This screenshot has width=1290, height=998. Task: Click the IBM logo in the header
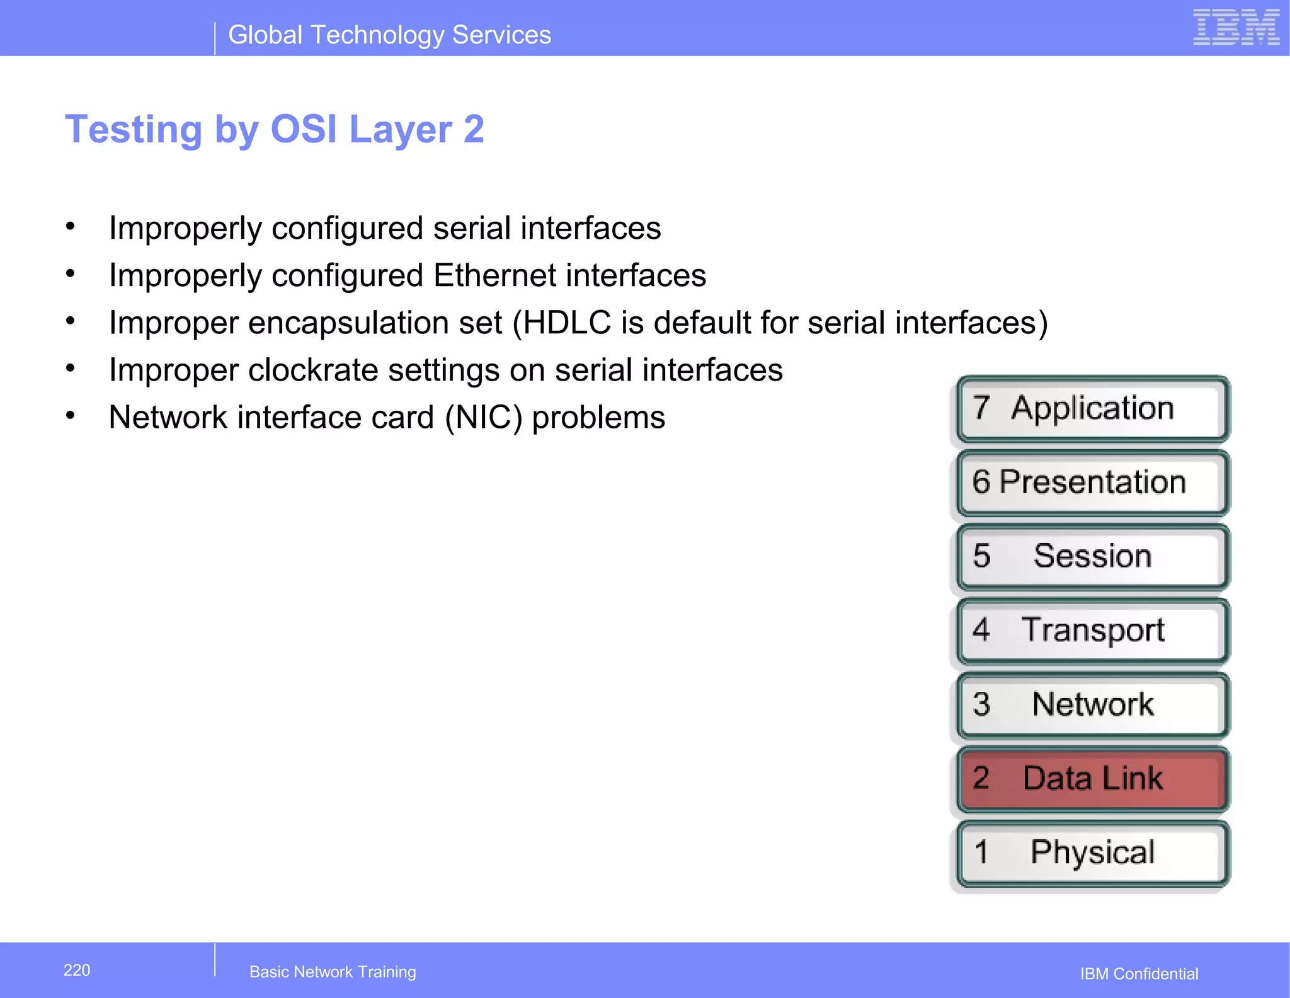(x=1235, y=28)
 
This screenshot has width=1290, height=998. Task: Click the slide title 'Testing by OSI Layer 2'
(x=275, y=129)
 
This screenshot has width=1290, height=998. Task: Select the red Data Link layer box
(x=1092, y=779)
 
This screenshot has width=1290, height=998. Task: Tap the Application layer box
(x=1092, y=408)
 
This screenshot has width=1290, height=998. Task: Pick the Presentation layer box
(x=1092, y=483)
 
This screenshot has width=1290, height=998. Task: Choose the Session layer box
(x=1092, y=556)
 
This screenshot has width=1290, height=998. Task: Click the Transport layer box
(x=1092, y=631)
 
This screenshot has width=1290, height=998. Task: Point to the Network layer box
(x=1092, y=704)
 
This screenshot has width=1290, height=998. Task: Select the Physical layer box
(x=1092, y=852)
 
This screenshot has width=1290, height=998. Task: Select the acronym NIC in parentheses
(x=483, y=417)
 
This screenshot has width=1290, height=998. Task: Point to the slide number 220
(x=77, y=970)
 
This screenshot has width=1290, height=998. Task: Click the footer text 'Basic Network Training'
(x=333, y=972)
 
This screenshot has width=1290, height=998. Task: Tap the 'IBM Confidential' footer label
(x=1139, y=973)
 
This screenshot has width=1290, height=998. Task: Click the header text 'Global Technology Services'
(x=389, y=35)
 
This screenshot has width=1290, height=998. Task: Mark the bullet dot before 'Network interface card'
(x=71, y=416)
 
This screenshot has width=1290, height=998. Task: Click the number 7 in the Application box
(x=981, y=407)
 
